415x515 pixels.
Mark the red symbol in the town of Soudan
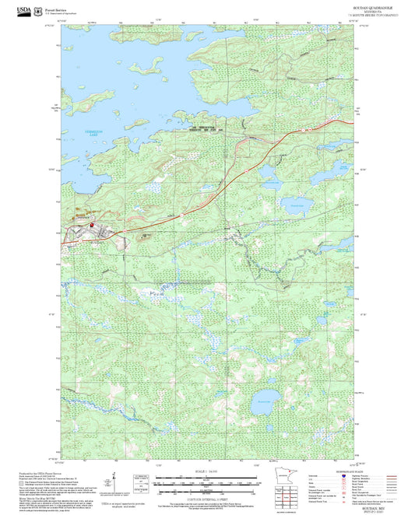pos(93,226)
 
